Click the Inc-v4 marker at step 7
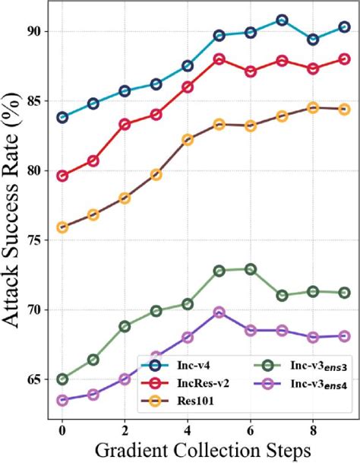pyautogui.click(x=282, y=21)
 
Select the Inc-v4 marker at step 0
pyautogui.click(x=62, y=117)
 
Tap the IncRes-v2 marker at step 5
pyautogui.click(x=219, y=59)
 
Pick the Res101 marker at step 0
pyautogui.click(x=62, y=227)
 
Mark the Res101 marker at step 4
pyautogui.click(x=188, y=140)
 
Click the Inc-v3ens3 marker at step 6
pyautogui.click(x=250, y=269)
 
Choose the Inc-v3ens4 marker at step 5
pyautogui.click(x=219, y=312)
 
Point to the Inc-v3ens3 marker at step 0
pyautogui.click(x=62, y=379)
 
